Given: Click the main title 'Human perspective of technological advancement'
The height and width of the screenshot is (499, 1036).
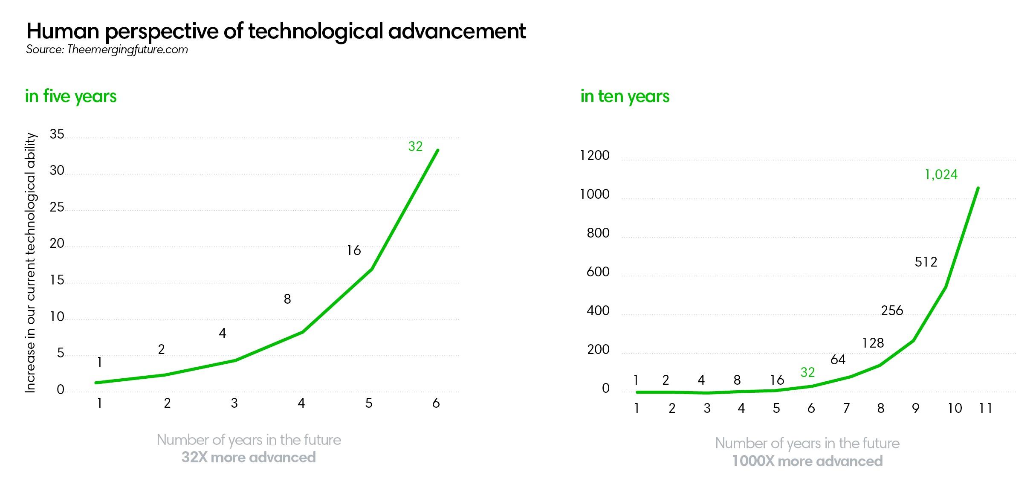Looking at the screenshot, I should click(x=276, y=31).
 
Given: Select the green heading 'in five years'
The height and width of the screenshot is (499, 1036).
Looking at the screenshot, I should click(x=71, y=96).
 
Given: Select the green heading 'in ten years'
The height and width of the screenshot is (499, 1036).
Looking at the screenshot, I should click(x=625, y=96).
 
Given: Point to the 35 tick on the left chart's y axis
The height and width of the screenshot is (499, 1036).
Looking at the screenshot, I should click(x=57, y=134).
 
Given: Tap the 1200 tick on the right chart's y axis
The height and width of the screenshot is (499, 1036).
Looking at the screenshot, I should click(x=595, y=156).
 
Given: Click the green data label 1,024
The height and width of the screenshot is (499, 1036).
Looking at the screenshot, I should click(x=941, y=174).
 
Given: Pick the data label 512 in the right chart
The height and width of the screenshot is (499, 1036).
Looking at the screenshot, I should click(x=926, y=262).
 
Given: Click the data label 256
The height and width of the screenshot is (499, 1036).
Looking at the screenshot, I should click(x=892, y=310).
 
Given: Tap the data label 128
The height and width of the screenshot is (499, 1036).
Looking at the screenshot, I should click(x=873, y=343).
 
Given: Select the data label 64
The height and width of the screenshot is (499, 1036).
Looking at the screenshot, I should click(x=838, y=360).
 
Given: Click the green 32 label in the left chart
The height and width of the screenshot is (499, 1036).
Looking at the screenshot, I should click(x=415, y=147).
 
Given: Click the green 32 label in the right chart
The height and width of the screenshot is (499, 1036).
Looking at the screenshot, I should click(x=807, y=372).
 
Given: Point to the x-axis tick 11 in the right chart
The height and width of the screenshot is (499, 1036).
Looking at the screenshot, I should click(x=986, y=409).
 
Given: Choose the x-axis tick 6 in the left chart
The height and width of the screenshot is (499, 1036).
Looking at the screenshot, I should click(x=436, y=403).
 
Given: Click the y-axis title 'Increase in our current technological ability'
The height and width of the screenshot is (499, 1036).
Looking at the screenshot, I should click(x=30, y=263).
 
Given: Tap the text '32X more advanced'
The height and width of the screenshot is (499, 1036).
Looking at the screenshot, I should click(x=249, y=458).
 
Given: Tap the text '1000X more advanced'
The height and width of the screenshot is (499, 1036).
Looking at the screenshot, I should click(x=807, y=461).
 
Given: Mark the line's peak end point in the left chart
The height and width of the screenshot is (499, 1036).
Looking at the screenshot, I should click(x=438, y=150).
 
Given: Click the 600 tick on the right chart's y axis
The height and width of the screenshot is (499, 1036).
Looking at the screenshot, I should click(x=598, y=272).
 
